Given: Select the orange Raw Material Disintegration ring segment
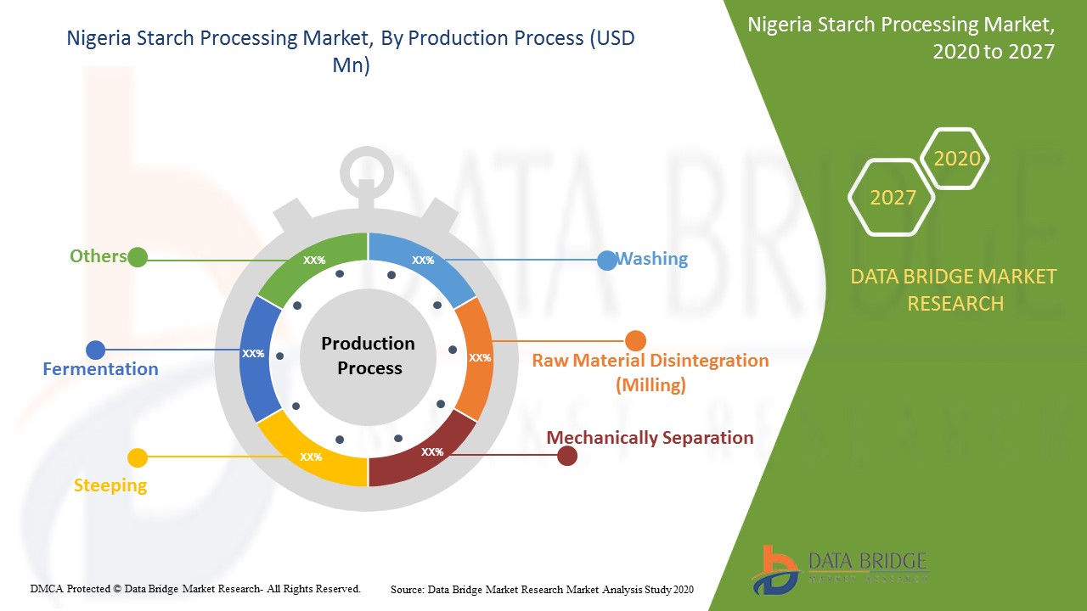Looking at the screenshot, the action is click(476, 359).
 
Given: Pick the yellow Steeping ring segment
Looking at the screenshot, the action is click(311, 453).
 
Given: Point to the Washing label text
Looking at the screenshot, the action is click(651, 259).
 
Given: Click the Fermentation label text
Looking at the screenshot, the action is click(100, 369).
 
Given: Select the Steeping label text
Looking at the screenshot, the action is click(110, 485).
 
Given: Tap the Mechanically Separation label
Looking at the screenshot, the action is click(650, 437).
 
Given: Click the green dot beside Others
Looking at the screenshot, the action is click(138, 257).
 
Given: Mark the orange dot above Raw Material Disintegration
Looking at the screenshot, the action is click(635, 341).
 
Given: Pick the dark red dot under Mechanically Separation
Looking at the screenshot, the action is click(566, 456).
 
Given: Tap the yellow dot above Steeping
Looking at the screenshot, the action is click(138, 457).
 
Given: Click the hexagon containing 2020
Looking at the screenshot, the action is click(955, 158).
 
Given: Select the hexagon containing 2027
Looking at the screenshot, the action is click(892, 198).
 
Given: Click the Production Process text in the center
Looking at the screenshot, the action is click(369, 356).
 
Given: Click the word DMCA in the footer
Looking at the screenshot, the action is click(47, 589).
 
